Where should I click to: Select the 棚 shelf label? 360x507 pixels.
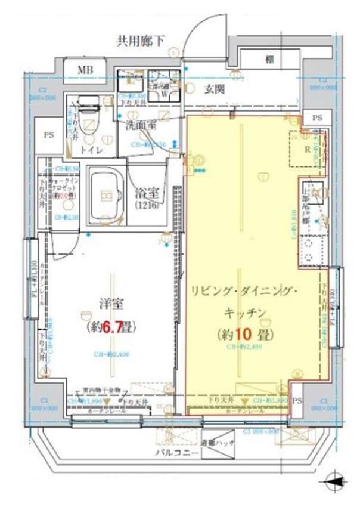[270, 59]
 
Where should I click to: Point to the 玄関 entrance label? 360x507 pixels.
[215, 89]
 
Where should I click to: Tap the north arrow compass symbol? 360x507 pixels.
[337, 481]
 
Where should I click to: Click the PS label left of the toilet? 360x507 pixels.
[48, 135]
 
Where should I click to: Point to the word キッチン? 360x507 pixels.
[244, 312]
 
